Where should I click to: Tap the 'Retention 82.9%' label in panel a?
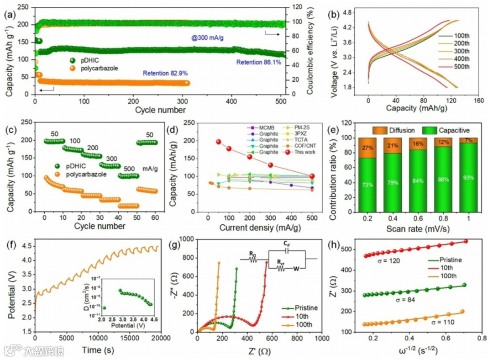165,73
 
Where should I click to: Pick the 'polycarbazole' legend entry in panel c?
89,174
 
